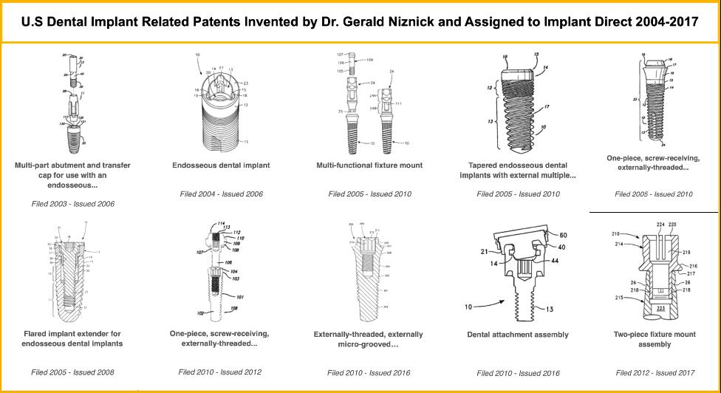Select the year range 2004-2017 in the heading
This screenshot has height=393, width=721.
pos(662,22)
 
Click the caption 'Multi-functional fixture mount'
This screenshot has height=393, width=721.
pos(369,165)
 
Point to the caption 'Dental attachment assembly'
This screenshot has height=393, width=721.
pos(519,335)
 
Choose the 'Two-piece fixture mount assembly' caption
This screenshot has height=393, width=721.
pos(655,339)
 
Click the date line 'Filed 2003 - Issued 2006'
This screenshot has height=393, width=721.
pos(72,202)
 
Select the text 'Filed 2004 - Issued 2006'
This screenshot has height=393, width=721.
pos(222,194)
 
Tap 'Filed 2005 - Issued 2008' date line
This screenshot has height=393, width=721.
pos(72,372)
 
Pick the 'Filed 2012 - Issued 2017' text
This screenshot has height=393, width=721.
pos(655,372)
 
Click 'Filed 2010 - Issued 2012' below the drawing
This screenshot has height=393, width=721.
pos(220,372)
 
